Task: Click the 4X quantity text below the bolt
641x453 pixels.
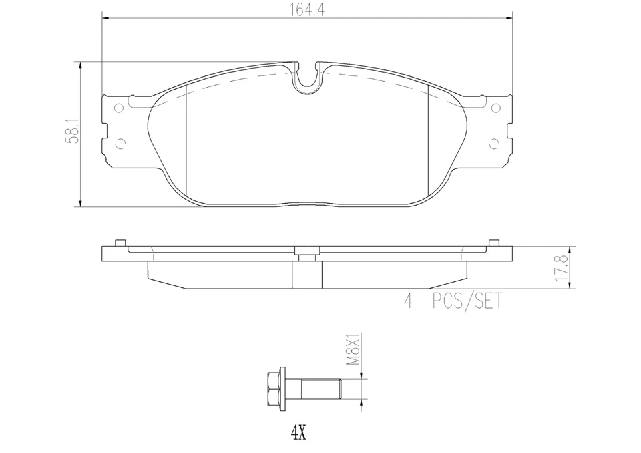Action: [x=298, y=433]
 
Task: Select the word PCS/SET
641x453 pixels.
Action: [x=466, y=302]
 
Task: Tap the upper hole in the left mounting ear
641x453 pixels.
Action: [x=119, y=108]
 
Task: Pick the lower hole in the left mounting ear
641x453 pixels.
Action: [x=121, y=143]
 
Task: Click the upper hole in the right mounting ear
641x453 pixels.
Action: [x=495, y=108]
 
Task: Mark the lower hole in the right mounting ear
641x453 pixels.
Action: [x=493, y=143]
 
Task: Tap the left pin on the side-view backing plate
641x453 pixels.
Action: [x=120, y=243]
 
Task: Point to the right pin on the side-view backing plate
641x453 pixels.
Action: [x=494, y=243]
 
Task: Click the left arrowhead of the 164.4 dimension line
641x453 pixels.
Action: [x=105, y=19]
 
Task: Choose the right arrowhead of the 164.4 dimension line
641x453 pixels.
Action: [x=508, y=19]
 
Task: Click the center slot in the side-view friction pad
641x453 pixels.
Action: [x=307, y=274]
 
